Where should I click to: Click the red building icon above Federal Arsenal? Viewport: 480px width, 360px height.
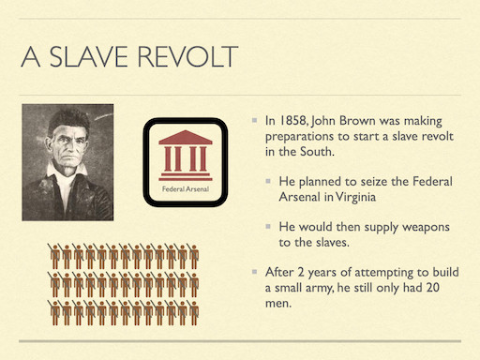coord(185,152)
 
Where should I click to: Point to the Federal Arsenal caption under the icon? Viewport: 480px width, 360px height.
coord(185,190)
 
